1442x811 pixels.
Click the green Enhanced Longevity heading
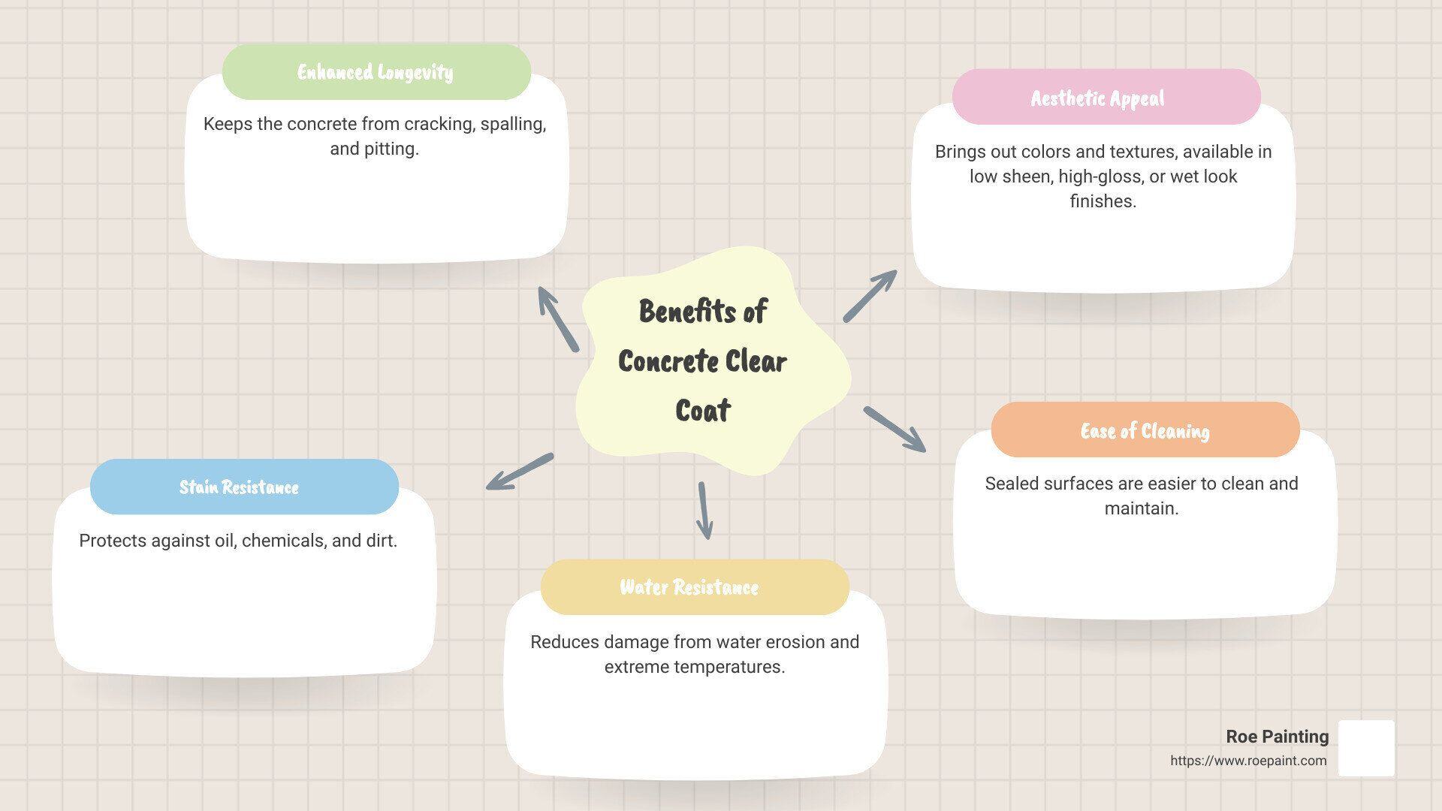(376, 72)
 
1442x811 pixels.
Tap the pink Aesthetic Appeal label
(1098, 98)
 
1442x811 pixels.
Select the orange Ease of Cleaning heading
(1145, 431)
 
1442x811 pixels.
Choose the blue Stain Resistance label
(239, 487)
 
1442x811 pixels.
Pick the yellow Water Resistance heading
(689, 587)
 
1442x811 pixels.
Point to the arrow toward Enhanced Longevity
(558, 319)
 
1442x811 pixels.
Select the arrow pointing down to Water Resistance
(704, 511)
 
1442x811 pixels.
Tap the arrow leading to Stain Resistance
(520, 472)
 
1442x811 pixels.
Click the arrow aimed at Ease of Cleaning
(894, 430)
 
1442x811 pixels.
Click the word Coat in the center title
(703, 411)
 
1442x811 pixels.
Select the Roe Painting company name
(1277, 737)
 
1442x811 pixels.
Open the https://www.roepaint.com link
(1248, 761)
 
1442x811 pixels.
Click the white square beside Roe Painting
(1366, 748)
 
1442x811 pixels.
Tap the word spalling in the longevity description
(512, 124)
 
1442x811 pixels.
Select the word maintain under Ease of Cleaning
(1141, 508)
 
